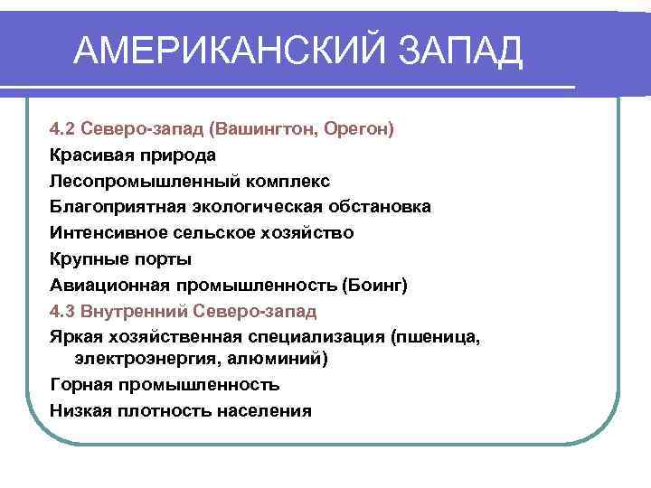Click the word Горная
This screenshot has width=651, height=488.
point(80,385)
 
